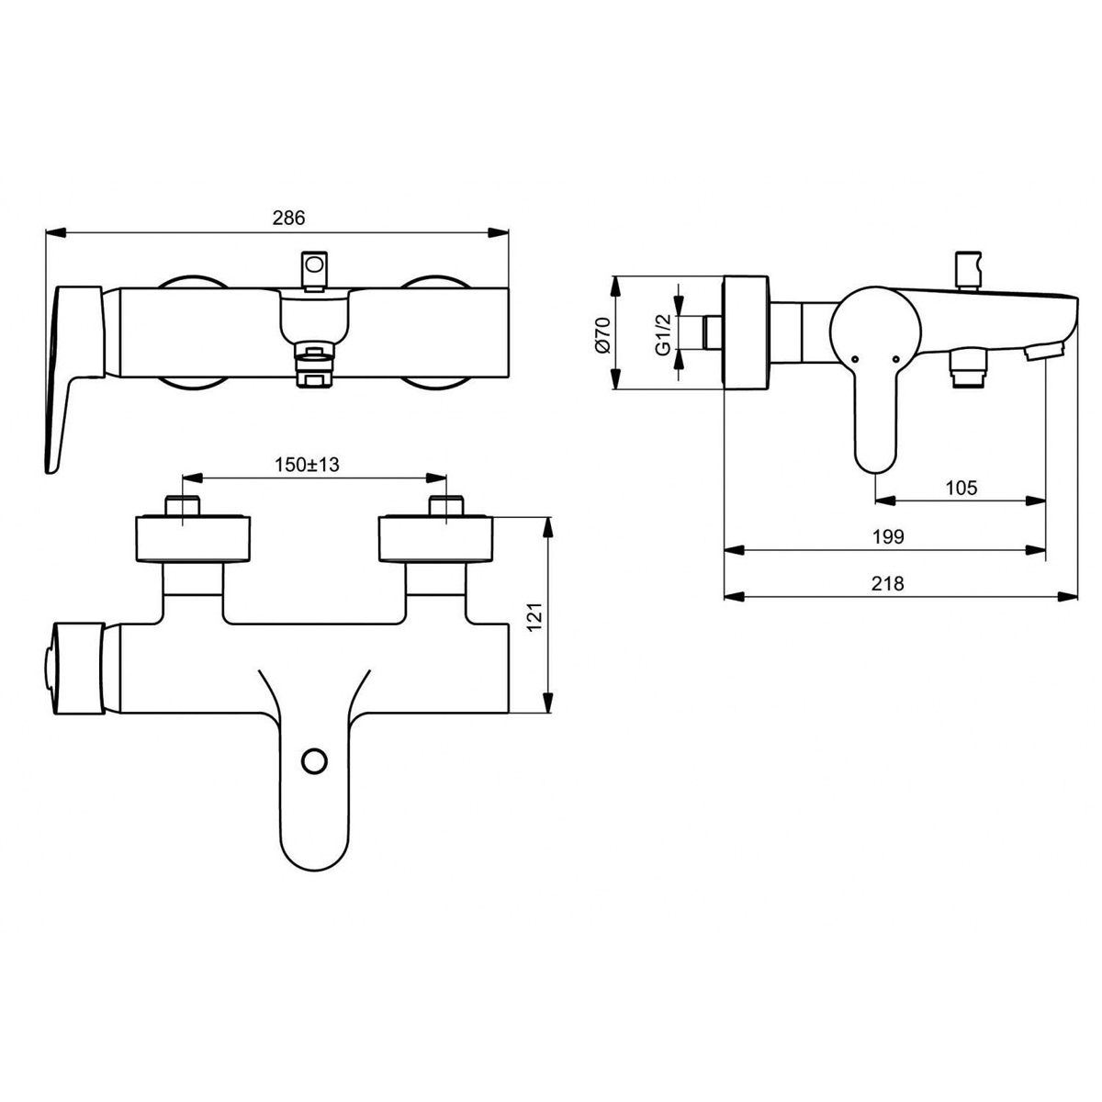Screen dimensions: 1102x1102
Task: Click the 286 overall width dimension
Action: coord(288,218)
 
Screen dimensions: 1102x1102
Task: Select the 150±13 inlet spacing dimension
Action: coord(307,465)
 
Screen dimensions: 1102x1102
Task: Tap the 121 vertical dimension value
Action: coord(534,617)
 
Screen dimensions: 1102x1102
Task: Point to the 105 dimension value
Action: coord(961,488)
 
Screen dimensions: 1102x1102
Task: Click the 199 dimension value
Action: coord(888,537)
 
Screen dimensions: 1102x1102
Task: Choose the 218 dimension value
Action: coord(888,583)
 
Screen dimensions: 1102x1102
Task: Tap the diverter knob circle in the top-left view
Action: coord(314,264)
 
